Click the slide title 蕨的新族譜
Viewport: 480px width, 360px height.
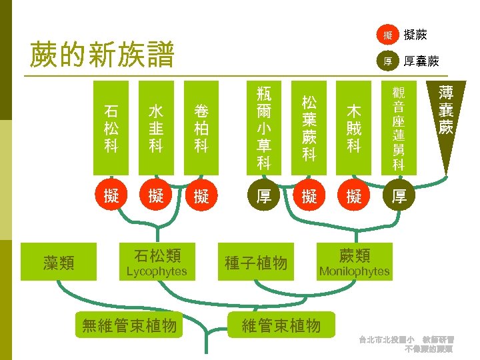(x=102, y=55)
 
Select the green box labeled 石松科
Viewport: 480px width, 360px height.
(x=111, y=128)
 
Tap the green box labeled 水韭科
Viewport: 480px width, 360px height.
(x=156, y=128)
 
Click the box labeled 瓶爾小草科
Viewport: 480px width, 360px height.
(x=264, y=128)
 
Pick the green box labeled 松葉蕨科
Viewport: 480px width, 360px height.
(x=309, y=128)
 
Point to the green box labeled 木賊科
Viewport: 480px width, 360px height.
(x=354, y=128)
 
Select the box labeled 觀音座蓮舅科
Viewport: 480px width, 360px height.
(x=399, y=128)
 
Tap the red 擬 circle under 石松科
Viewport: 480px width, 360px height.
(x=111, y=196)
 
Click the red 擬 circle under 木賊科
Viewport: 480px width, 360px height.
(x=354, y=196)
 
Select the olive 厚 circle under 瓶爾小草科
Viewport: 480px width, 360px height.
(x=264, y=196)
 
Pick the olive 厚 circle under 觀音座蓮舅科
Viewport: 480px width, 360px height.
(x=399, y=196)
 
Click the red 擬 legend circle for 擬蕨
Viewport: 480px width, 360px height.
(x=387, y=35)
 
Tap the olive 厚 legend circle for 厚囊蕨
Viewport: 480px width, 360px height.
(x=387, y=61)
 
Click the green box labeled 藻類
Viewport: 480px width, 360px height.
(x=59, y=263)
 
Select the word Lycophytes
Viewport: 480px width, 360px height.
(x=157, y=272)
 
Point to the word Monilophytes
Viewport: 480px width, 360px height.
(x=354, y=271)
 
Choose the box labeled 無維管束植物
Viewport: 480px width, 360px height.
(x=129, y=325)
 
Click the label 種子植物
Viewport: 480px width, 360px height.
(x=256, y=263)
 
